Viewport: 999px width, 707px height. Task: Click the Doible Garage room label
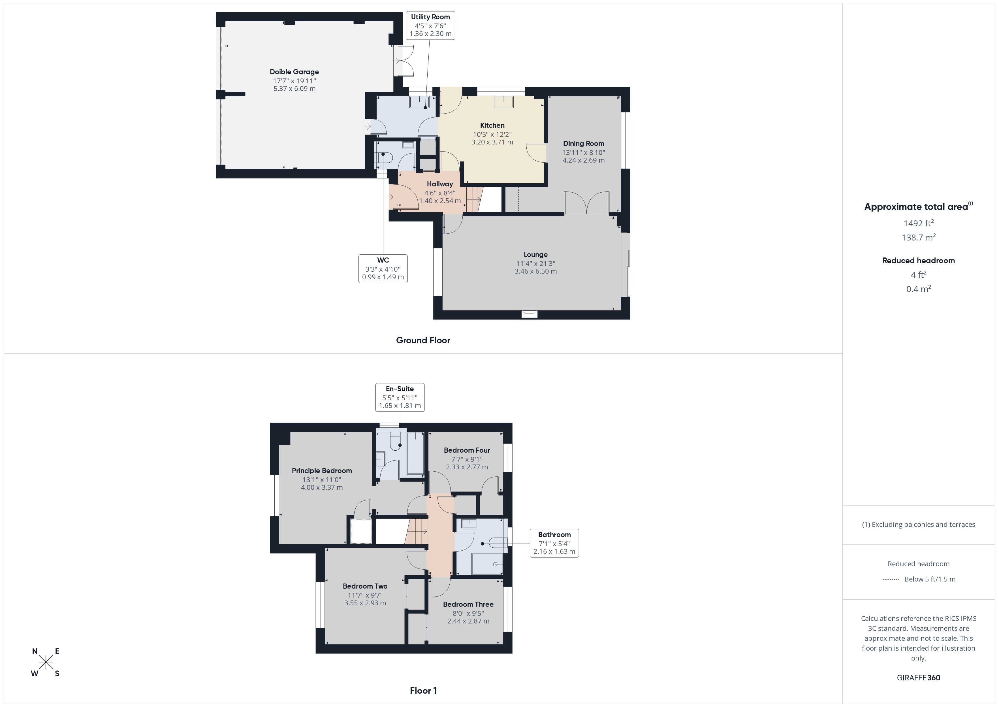tap(294, 72)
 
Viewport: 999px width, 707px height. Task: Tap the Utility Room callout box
tap(430, 25)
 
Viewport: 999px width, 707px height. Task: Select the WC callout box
tap(383, 269)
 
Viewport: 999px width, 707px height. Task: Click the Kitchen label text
tap(492, 125)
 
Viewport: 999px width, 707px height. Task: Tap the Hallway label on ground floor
tap(439, 184)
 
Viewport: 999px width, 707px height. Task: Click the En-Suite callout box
tap(400, 397)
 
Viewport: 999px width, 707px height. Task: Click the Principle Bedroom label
tap(322, 470)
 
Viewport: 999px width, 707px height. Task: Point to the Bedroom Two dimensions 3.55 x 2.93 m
tap(365, 603)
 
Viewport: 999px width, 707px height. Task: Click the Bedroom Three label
tap(468, 604)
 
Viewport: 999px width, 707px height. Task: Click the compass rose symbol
tap(46, 663)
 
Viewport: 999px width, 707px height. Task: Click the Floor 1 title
tap(423, 691)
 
